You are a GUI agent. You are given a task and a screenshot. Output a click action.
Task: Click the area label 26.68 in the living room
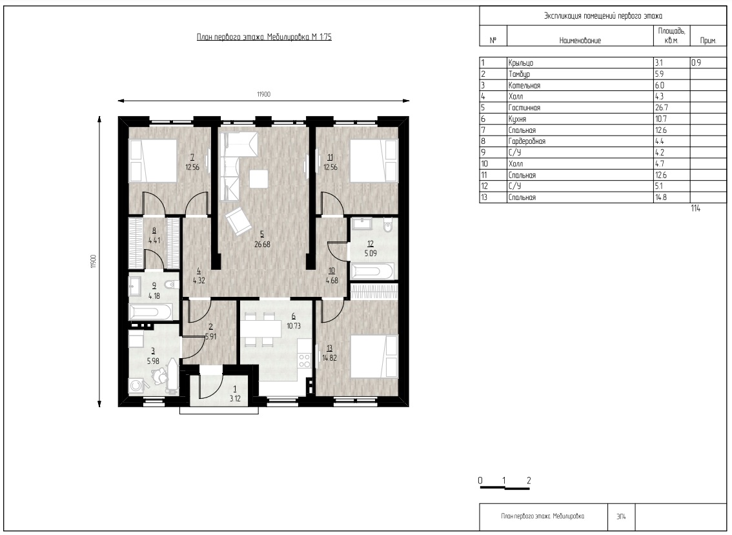262,244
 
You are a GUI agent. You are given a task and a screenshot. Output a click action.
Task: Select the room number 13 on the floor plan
330,348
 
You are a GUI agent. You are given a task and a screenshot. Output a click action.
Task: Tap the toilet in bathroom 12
387,226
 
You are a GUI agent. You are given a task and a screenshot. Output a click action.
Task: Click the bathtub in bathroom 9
150,312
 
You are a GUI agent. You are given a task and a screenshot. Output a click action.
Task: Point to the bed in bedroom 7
153,161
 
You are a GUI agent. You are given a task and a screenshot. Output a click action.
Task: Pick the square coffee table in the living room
259,179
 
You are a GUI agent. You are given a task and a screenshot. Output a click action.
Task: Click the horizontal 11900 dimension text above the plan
263,94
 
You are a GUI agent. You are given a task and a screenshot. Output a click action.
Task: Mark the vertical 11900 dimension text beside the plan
94,261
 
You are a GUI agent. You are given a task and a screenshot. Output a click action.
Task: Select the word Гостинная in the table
524,108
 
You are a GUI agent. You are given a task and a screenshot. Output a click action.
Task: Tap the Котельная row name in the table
524,85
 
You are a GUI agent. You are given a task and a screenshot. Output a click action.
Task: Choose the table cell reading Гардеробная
527,141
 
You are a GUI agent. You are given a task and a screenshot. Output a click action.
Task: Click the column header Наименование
580,41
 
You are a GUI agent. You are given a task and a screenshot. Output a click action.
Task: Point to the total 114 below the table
696,208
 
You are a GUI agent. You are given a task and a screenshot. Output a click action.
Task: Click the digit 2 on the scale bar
529,480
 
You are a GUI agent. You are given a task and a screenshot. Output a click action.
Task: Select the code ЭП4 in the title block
621,516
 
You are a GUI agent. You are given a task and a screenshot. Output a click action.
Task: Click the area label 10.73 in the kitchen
294,326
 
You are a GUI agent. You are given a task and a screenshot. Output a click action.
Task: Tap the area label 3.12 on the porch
235,398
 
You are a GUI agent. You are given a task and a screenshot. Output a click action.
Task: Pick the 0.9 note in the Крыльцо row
696,63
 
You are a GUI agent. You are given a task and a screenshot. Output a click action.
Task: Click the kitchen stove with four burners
305,361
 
